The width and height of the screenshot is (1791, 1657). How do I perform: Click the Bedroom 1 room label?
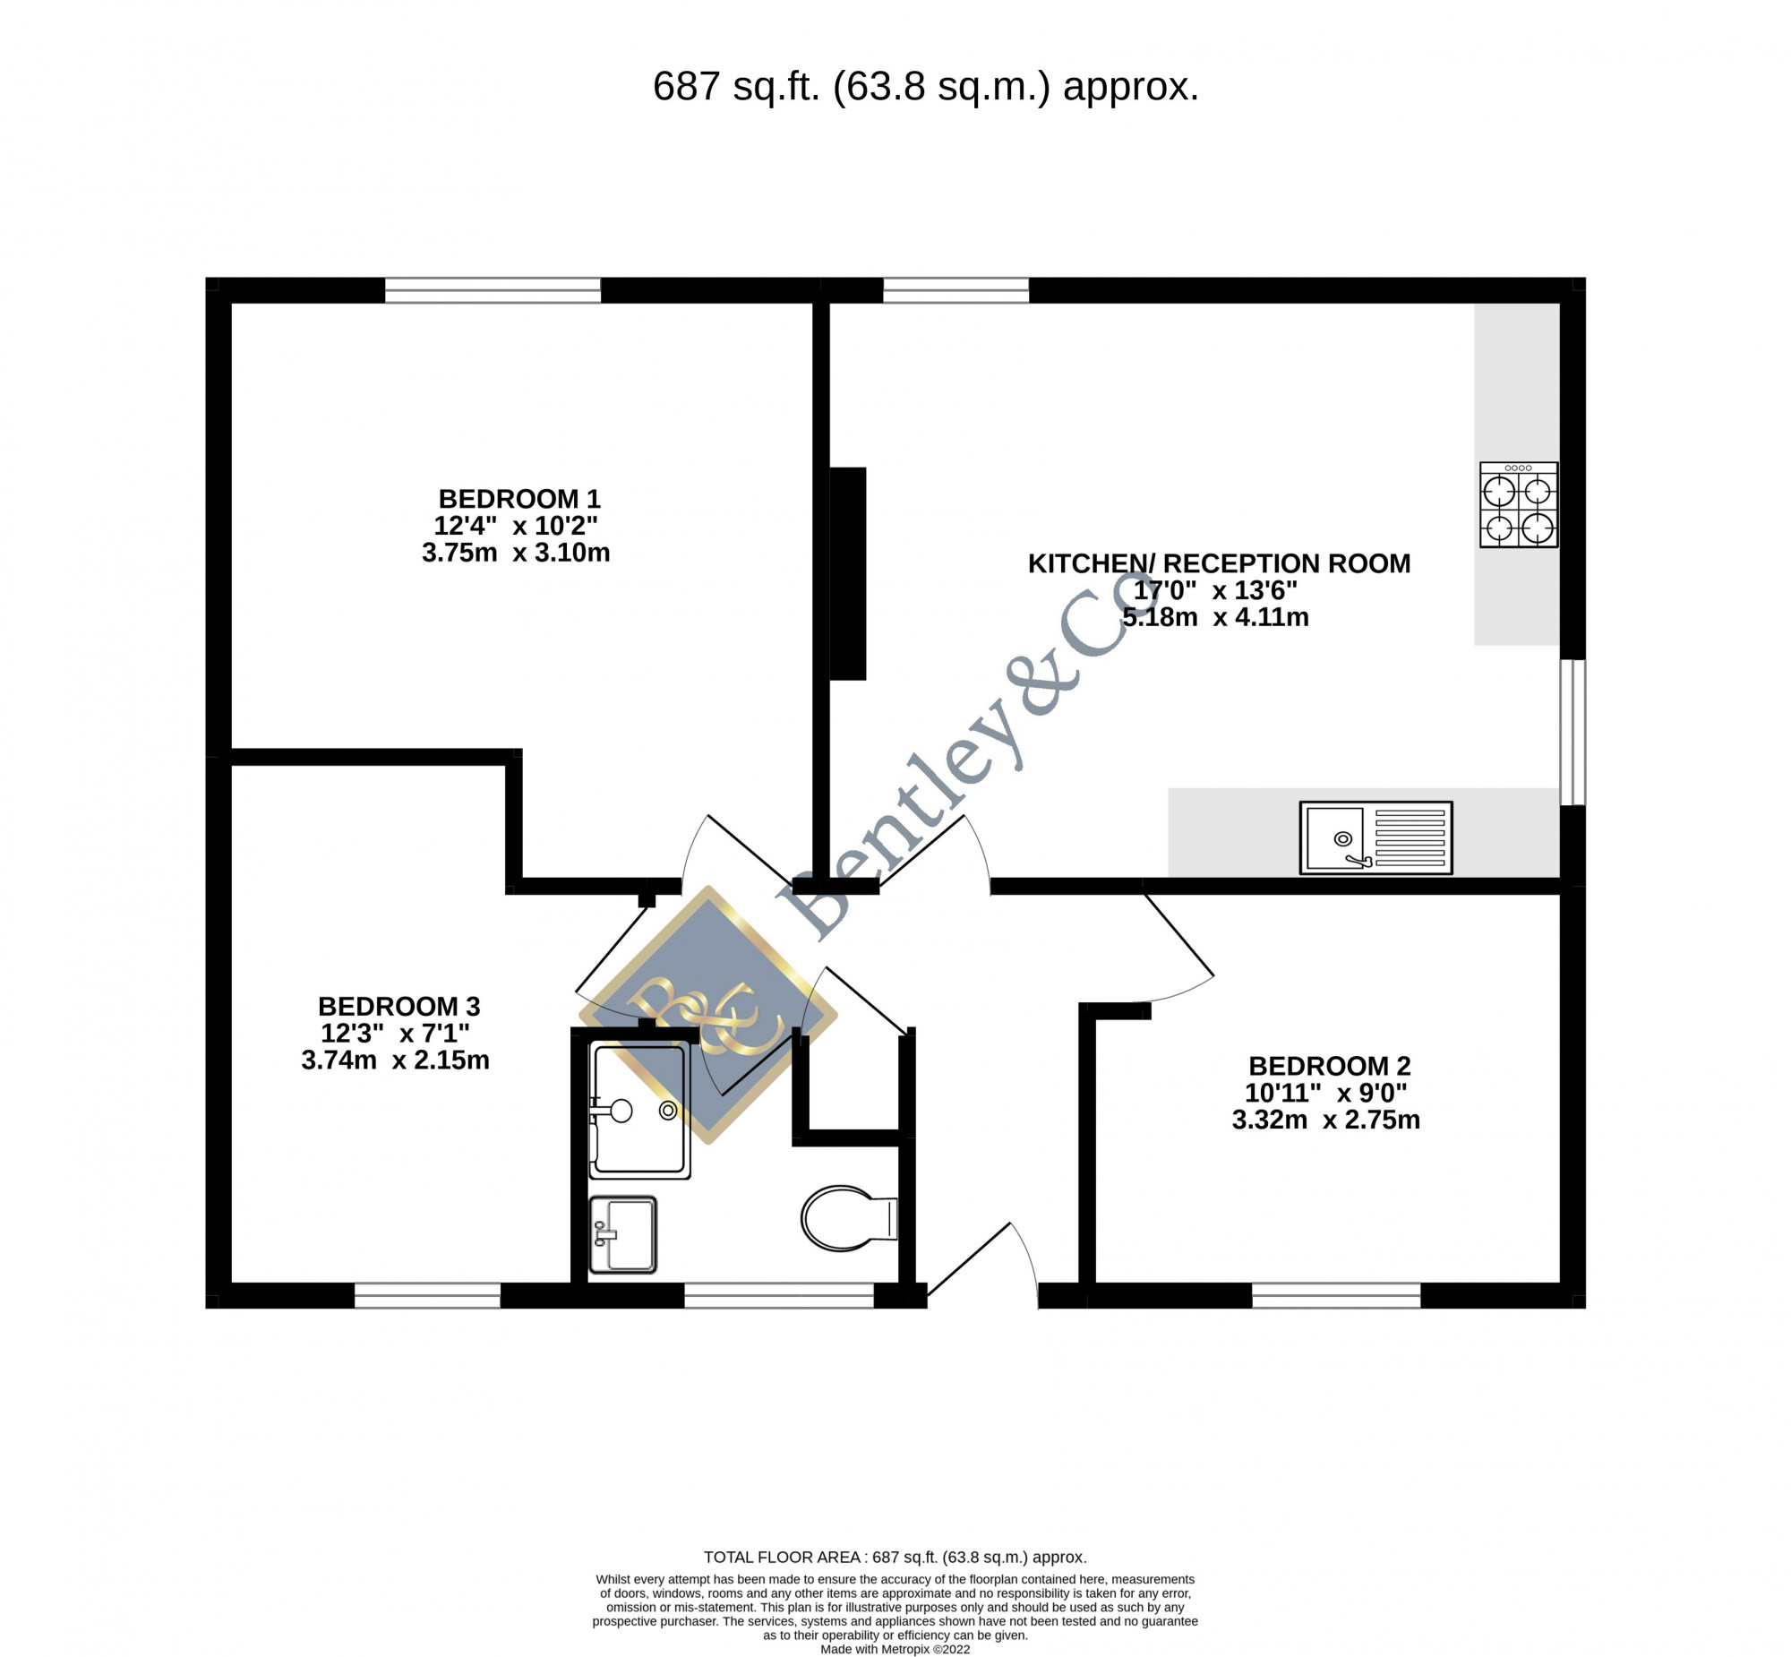pyautogui.click(x=518, y=499)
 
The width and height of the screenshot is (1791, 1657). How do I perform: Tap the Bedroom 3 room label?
pyautogui.click(x=398, y=1006)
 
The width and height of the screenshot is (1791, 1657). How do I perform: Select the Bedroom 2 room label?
pyautogui.click(x=1329, y=1066)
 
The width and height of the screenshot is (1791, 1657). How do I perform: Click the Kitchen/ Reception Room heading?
pyautogui.click(x=1219, y=563)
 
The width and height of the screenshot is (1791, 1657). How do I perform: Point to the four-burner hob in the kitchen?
pyautogui.click(x=1519, y=505)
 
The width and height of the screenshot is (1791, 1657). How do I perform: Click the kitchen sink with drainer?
pyautogui.click(x=1376, y=837)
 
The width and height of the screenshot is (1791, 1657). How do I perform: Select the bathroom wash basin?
pyautogui.click(x=622, y=1234)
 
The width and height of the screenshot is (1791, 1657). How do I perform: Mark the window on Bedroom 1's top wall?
pyautogui.click(x=493, y=290)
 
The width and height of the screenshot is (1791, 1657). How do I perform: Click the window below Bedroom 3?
pyautogui.click(x=427, y=1296)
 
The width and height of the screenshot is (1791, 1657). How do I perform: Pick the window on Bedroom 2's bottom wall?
pyautogui.click(x=1336, y=1296)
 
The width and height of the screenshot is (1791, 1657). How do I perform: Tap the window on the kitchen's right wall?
pyautogui.click(x=1573, y=733)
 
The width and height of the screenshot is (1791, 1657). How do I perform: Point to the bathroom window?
pyautogui.click(x=779, y=1296)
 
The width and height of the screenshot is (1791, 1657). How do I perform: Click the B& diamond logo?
pyautogui.click(x=708, y=1014)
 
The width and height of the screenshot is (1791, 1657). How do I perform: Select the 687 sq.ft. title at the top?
pyautogui.click(x=925, y=87)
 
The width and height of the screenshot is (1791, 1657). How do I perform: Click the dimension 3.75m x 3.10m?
pyautogui.click(x=516, y=553)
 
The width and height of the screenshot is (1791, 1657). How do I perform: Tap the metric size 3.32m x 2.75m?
pyautogui.click(x=1325, y=1120)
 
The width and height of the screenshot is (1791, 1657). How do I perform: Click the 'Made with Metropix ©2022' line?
pyautogui.click(x=895, y=1649)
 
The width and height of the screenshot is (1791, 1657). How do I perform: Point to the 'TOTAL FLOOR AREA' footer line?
pyautogui.click(x=895, y=1558)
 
